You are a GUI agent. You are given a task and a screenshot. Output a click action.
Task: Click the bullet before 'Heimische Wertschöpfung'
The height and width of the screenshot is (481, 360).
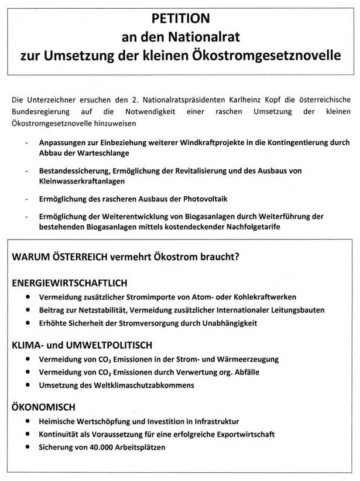28,421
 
